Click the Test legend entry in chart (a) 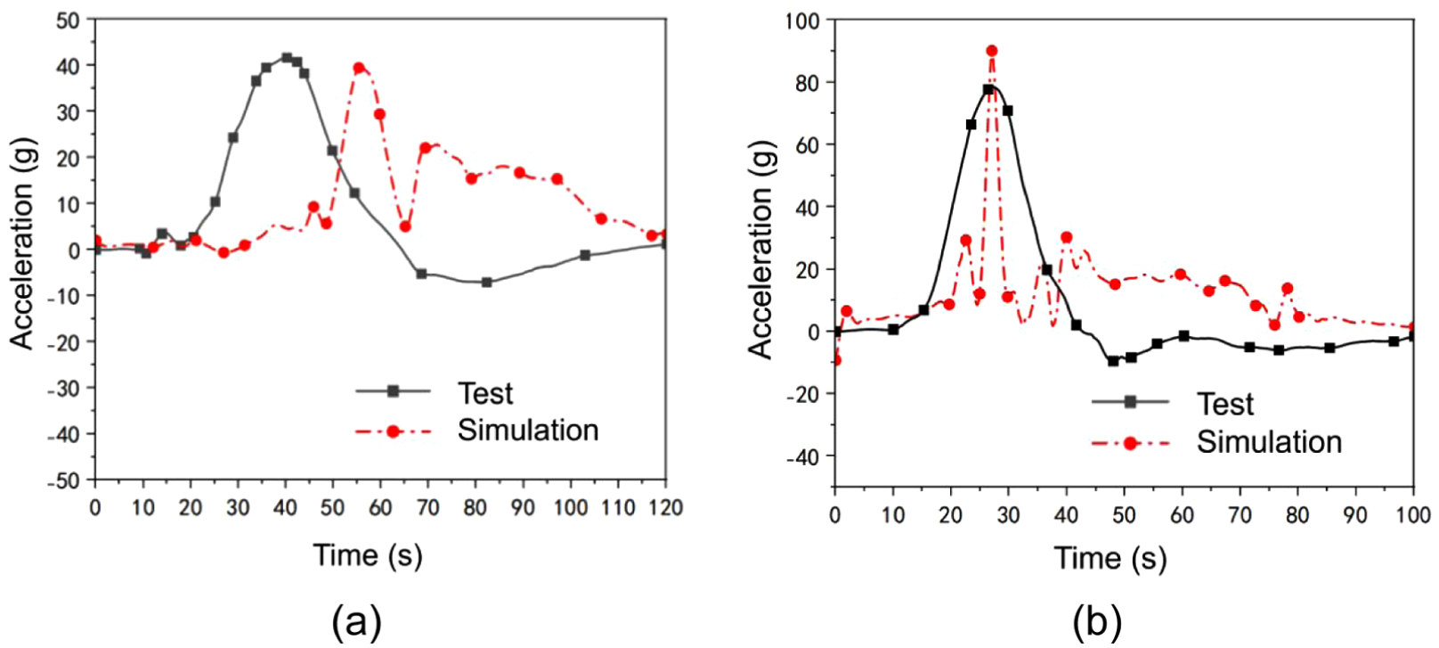(435, 393)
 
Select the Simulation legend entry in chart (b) (1216, 442)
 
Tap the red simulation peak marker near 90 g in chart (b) (992, 51)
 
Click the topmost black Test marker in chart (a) (287, 58)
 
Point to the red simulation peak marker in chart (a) (359, 68)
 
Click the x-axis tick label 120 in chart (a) (666, 508)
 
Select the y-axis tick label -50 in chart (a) (63, 481)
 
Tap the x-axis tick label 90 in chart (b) (1355, 515)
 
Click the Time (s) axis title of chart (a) (368, 554)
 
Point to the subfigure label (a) (356, 621)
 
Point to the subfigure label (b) (1096, 621)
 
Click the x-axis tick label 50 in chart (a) (333, 508)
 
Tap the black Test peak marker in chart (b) (988, 89)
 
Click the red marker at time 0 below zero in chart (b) (836, 361)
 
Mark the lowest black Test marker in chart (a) (486, 283)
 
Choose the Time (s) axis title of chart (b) (1110, 557)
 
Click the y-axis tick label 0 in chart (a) (74, 250)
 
